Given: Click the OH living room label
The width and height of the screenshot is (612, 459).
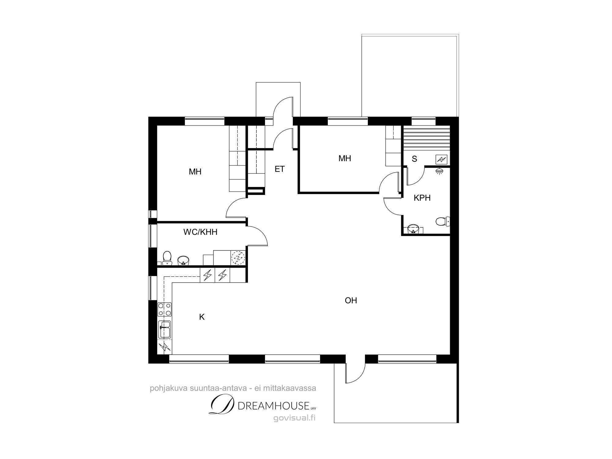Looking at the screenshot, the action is click(x=351, y=300).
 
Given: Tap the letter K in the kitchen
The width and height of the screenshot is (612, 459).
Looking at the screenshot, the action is click(x=202, y=317).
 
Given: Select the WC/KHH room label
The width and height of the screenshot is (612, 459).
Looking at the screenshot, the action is click(x=200, y=232).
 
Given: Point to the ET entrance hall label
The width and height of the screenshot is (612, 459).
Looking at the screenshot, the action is click(x=280, y=169).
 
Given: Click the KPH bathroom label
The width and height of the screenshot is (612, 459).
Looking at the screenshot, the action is click(x=422, y=198).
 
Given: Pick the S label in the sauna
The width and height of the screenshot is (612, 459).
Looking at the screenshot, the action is click(x=415, y=159).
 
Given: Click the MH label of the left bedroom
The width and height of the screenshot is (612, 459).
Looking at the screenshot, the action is click(x=195, y=172).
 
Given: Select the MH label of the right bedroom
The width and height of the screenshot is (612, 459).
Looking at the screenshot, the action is click(x=345, y=158).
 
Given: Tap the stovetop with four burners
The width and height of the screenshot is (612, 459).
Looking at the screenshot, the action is click(x=165, y=309).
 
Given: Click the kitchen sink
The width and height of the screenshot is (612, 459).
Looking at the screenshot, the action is click(x=165, y=329).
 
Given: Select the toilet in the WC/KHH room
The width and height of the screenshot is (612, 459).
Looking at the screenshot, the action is click(x=167, y=258).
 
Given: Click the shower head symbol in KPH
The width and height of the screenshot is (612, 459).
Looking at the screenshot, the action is click(x=440, y=171).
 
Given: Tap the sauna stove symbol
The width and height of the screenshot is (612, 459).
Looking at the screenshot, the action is click(x=441, y=159).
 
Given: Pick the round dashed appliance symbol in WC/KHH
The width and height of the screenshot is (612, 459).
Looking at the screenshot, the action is click(x=238, y=258).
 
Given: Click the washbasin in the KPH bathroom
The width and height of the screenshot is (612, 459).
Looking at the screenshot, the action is click(x=414, y=229).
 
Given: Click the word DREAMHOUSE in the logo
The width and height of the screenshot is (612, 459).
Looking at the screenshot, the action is click(x=273, y=406).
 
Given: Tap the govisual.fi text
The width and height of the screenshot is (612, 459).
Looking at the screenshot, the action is click(x=294, y=418).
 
